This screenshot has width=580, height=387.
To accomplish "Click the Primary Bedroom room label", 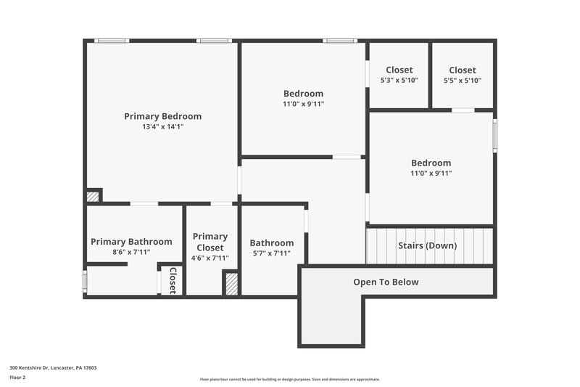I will click(162, 116).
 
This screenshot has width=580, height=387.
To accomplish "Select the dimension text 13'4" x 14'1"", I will click(162, 127).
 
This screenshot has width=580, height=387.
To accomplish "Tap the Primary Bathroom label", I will click(131, 242).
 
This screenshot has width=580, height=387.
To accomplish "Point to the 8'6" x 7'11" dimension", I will click(131, 253).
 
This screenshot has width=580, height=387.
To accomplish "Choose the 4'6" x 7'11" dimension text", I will click(210, 258).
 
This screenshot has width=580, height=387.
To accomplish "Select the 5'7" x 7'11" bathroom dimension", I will click(272, 253).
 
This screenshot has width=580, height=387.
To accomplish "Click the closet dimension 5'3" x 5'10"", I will click(399, 81).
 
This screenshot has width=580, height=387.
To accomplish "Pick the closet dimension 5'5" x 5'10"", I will click(462, 81).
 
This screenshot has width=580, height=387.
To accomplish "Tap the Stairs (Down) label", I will click(428, 245).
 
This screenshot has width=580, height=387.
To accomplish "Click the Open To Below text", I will click(386, 282).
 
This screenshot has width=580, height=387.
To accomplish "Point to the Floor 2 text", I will click(18, 378).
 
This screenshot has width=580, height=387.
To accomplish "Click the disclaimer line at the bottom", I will click(290, 379).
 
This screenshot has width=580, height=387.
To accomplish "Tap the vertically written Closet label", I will click(173, 280).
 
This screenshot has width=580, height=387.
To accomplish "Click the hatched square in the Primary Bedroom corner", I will click(92, 196).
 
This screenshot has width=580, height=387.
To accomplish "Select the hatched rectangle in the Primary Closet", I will click(231, 283).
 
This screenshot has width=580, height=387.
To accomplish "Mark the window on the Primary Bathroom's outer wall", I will click(85, 280).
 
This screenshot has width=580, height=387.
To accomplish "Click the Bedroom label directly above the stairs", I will click(431, 163).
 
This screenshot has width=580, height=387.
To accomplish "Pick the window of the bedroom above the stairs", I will click(495, 136).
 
